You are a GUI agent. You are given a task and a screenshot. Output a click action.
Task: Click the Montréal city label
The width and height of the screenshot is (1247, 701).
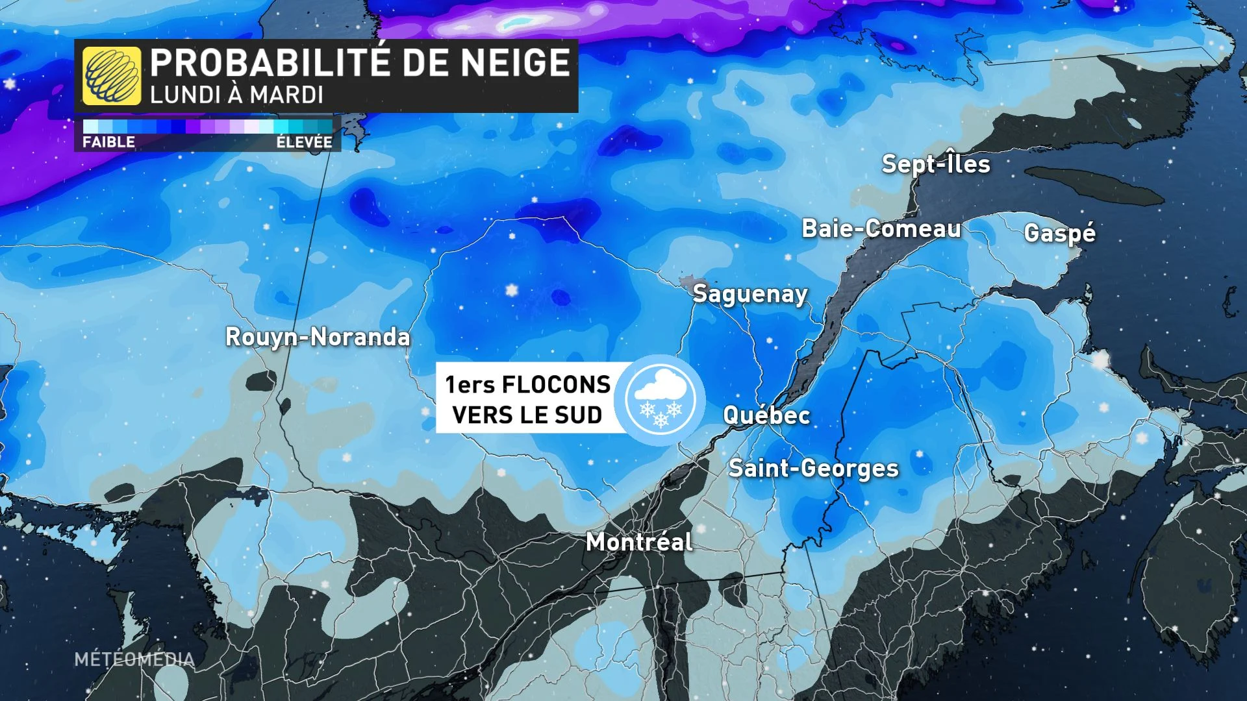tap(639, 542)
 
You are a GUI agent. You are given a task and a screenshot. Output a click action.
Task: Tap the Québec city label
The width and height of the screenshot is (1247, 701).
tap(766, 415)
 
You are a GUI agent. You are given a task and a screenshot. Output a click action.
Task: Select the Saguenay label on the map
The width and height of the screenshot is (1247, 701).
tap(750, 294)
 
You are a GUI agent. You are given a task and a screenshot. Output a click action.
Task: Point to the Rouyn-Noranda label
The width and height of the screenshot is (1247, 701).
tap(318, 337)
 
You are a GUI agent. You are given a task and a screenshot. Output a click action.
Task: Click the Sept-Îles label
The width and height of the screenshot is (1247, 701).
tap(936, 164)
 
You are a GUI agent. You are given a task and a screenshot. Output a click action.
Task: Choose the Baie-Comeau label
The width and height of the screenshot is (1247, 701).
tap(881, 228)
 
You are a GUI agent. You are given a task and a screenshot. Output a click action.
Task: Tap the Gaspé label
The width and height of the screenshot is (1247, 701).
tap(1059, 232)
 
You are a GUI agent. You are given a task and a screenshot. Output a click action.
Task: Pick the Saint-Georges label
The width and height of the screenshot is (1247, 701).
tap(813, 468)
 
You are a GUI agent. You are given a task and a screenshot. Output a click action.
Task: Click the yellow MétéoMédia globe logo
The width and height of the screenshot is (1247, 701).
tap(112, 76)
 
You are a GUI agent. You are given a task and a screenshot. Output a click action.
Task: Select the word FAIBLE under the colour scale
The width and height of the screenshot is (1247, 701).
tap(108, 142)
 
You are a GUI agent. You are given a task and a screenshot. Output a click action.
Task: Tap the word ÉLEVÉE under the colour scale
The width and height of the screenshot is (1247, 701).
tap(304, 142)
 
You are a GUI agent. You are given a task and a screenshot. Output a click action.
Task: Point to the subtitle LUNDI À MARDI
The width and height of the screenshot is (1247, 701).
tap(236, 95)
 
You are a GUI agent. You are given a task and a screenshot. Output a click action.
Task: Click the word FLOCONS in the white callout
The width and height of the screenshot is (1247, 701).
tap(556, 385)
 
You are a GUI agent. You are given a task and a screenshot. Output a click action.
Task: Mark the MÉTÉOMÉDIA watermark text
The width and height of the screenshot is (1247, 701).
tap(134, 659)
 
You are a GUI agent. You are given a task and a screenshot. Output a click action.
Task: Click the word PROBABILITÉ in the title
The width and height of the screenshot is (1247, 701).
tap(270, 63)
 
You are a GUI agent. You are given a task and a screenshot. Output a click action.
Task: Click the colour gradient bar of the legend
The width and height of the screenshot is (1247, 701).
tap(208, 126)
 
